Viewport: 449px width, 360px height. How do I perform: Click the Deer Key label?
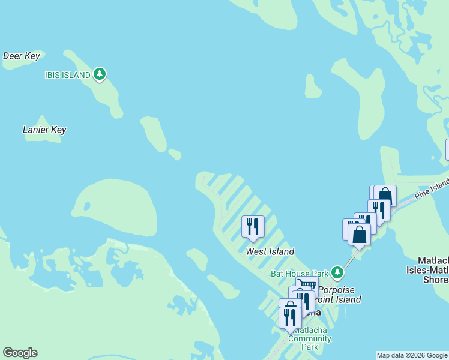[22, 56]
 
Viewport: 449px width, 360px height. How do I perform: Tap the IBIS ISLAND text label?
[68, 75]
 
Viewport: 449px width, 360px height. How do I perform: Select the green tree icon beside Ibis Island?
[100, 74]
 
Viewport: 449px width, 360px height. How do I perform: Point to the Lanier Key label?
[44, 130]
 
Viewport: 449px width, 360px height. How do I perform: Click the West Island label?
[270, 251]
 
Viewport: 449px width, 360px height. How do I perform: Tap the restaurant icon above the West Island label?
[253, 226]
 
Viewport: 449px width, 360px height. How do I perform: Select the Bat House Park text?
[300, 274]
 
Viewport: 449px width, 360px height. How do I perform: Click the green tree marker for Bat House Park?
[337, 273]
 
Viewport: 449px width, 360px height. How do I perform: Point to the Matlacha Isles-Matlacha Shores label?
[433, 270]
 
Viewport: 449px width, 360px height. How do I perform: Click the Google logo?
[20, 353]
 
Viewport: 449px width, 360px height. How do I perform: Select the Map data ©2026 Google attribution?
[412, 355]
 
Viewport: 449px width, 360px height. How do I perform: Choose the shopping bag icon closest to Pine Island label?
[385, 195]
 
